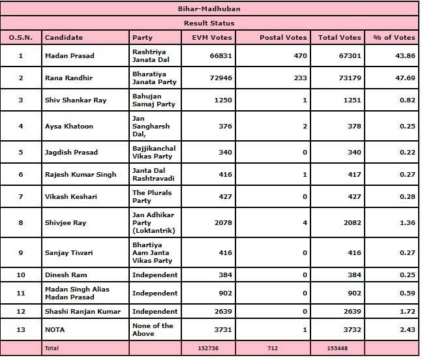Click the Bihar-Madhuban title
point(210,9)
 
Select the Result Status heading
point(210,23)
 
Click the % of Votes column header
point(393,37)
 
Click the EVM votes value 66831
point(220,55)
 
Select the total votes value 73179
point(348,78)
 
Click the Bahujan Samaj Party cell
point(153,100)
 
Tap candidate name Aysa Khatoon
point(69,126)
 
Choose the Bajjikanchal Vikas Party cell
point(153,152)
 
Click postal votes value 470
point(300,55)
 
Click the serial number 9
point(20,252)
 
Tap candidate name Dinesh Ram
point(65,275)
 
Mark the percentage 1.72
point(408,311)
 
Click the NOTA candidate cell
point(55,329)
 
